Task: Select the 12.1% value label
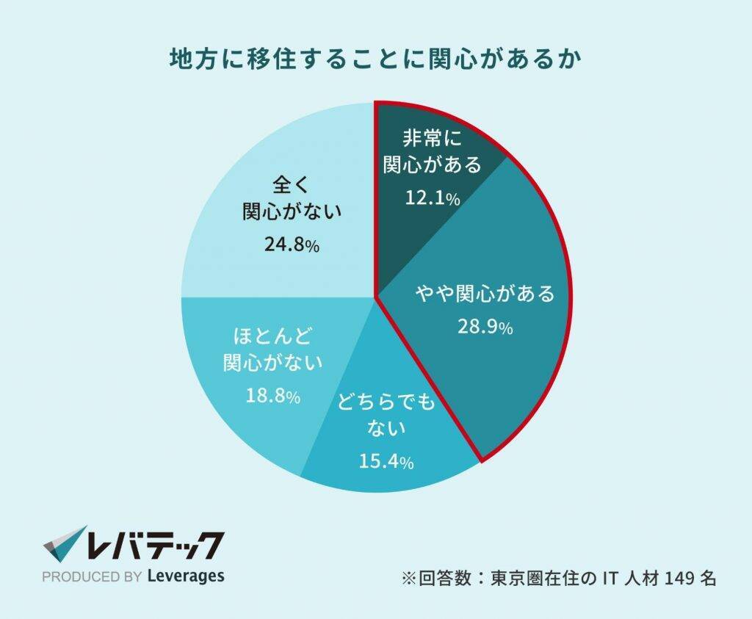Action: click(433, 198)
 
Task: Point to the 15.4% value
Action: click(386, 462)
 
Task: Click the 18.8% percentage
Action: click(273, 397)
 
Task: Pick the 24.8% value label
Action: click(292, 246)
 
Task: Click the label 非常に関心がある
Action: click(433, 151)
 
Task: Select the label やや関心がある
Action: click(485, 295)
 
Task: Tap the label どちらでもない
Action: click(386, 414)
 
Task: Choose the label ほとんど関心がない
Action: click(273, 350)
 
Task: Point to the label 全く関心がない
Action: click(292, 198)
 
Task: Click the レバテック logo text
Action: click(154, 546)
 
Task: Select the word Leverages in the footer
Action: click(186, 576)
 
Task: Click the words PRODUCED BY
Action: click(92, 577)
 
